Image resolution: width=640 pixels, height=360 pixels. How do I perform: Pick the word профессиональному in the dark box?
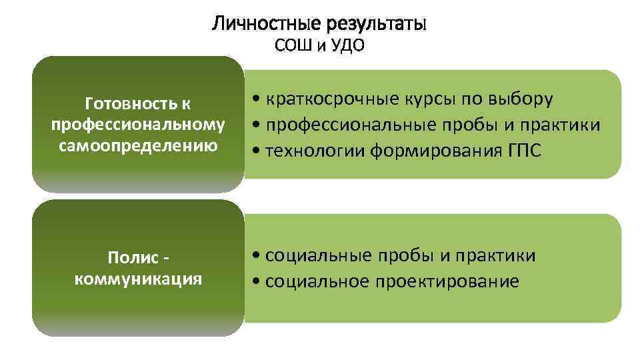click(137, 125)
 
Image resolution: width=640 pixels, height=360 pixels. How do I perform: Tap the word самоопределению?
click(137, 145)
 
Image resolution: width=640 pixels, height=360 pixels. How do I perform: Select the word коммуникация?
click(138, 278)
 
